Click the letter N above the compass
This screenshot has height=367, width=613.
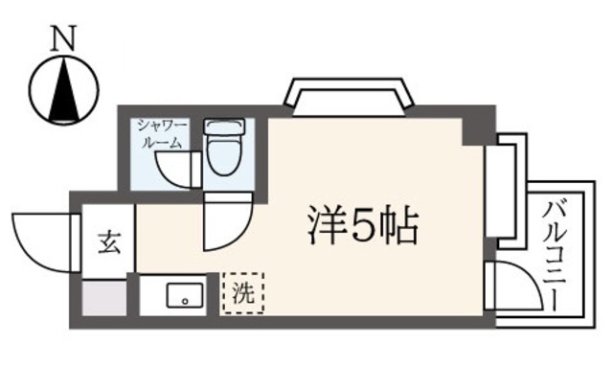(64, 37)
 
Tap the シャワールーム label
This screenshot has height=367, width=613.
(161, 133)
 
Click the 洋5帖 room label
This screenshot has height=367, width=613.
(363, 226)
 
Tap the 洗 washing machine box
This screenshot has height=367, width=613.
(243, 295)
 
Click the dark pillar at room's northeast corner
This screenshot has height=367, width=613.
(476, 129)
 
